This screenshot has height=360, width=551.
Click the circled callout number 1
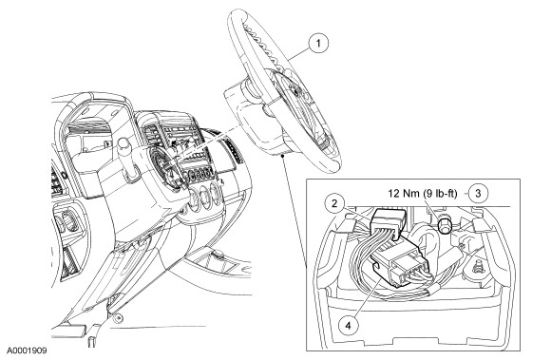pos(318,44)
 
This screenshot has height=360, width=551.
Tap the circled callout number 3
pos(478,193)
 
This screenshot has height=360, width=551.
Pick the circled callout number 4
pos(348,326)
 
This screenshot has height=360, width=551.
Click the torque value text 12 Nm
pos(404,193)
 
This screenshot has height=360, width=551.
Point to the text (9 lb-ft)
pos(439,193)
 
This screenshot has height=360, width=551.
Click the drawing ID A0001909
pos(27,351)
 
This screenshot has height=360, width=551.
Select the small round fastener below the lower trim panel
pos(119,318)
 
